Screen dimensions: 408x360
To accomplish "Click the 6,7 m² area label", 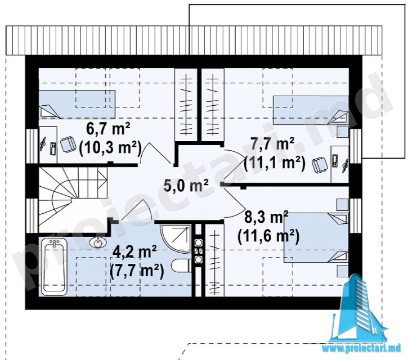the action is [108, 129].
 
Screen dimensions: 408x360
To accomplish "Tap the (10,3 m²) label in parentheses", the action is [110, 148].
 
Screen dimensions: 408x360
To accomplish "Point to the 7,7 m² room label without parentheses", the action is [272, 145].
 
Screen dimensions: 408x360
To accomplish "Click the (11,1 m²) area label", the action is [275, 163].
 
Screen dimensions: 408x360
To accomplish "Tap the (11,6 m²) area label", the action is [268, 236].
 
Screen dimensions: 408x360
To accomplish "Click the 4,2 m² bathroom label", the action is [134, 252].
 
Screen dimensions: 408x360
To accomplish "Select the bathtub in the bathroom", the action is [54, 267].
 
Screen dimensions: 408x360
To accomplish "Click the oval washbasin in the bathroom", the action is [98, 242].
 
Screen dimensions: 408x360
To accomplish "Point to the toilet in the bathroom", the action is [181, 266].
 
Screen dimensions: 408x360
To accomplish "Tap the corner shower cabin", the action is [176, 236].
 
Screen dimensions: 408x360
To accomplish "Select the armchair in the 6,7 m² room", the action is [68, 145].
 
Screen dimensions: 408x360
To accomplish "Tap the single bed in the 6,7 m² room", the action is [77, 104].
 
